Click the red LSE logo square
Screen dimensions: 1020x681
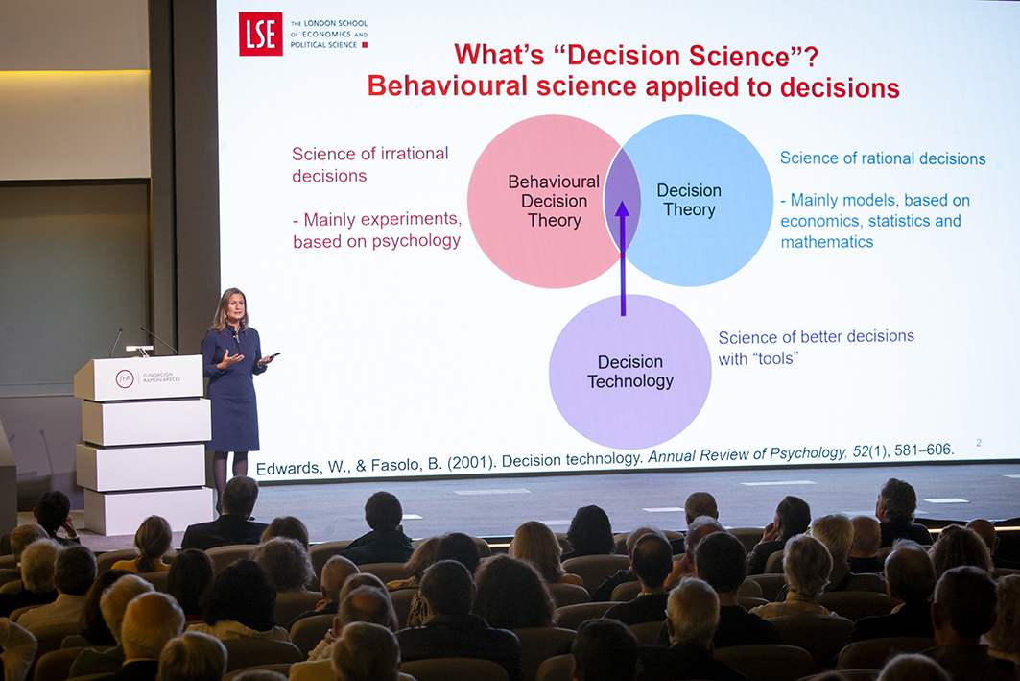[260, 34]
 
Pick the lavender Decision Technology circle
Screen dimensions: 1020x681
[629, 372]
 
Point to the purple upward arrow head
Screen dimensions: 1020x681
[623, 208]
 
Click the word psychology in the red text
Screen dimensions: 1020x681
[416, 241]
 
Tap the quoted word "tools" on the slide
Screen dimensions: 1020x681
[775, 358]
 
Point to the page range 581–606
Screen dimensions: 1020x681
[924, 450]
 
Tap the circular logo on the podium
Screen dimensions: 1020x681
[124, 378]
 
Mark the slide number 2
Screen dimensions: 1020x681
[979, 443]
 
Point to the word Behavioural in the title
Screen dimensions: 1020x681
[447, 85]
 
